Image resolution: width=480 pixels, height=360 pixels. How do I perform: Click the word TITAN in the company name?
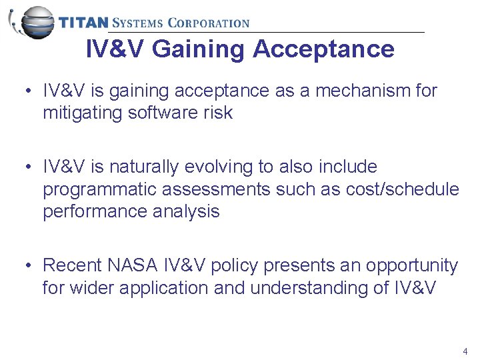coord(83,23)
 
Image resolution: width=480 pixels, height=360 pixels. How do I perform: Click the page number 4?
coord(465,351)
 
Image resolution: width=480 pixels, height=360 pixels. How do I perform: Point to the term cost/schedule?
coord(403,189)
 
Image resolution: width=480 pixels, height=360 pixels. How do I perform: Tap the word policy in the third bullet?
coord(235,265)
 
